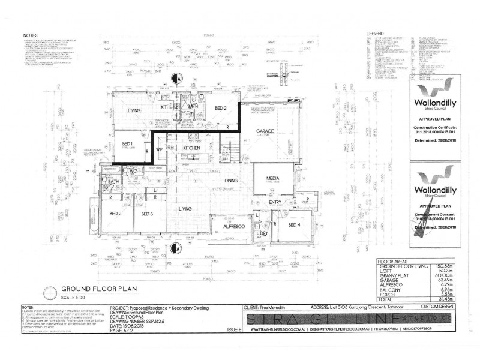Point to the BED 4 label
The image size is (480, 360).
pos(295,224)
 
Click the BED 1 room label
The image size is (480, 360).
pos(127,145)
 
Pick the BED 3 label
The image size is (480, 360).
pos(148,214)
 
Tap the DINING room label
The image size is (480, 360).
pos(214,180)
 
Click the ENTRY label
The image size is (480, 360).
pos(275,202)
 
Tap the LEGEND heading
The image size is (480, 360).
pos(375,34)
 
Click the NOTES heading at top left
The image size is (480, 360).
pos(31,34)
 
